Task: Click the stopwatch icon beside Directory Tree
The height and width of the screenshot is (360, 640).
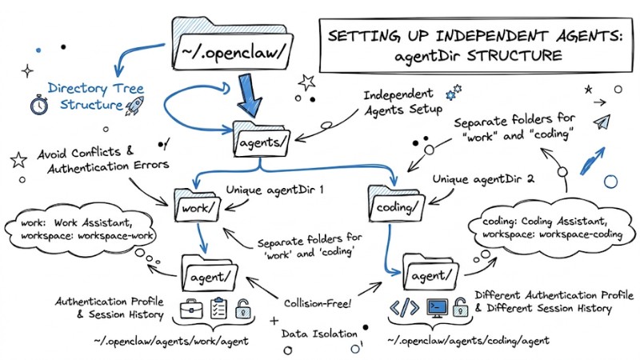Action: click(x=37, y=105)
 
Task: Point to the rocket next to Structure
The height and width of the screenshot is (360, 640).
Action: click(x=134, y=103)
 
